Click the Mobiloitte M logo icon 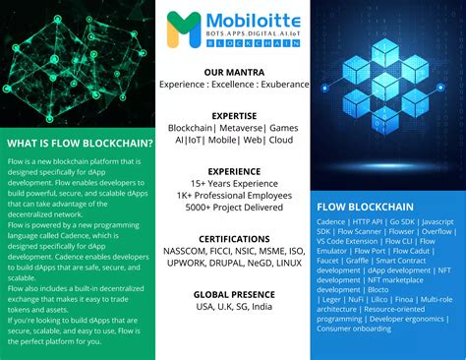pyautogui.click(x=182, y=29)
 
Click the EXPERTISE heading pyautogui.click(x=233, y=115)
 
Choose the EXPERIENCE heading pyautogui.click(x=233, y=170)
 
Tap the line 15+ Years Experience pyautogui.click(x=233, y=183)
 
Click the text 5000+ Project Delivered pyautogui.click(x=233, y=208)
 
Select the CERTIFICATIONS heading pyautogui.click(x=233, y=238)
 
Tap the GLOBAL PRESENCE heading pyautogui.click(x=233, y=293)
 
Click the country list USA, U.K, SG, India pyautogui.click(x=233, y=307)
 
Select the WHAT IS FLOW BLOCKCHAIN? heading pyautogui.click(x=78, y=143)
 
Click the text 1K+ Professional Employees pyautogui.click(x=233, y=195)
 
